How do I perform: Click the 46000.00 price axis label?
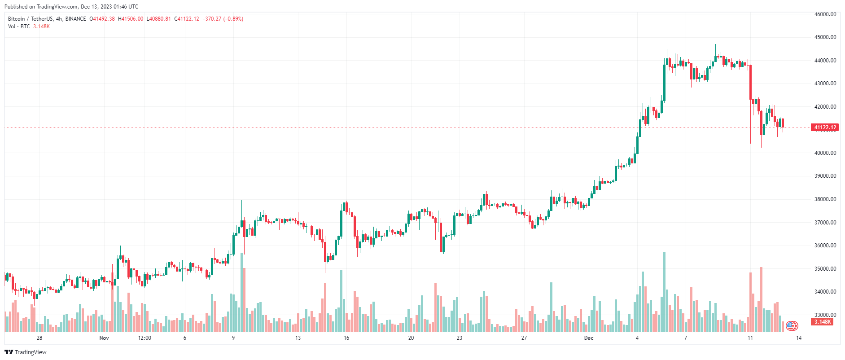[825, 14]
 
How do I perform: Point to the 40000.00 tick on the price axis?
[825, 153]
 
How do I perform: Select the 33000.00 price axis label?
[825, 315]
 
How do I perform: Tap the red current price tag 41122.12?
[825, 127]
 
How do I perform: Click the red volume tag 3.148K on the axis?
[823, 322]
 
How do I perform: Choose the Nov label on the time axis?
[104, 338]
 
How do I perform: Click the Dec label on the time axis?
[589, 338]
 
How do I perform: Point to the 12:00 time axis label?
[144, 338]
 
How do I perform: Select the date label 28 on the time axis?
[39, 338]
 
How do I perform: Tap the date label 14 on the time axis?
[799, 338]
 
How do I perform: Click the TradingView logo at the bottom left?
[26, 352]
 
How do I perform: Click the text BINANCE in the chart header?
[75, 19]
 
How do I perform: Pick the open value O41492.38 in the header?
[102, 19]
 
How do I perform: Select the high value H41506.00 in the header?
[131, 19]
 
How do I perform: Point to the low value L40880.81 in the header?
[159, 19]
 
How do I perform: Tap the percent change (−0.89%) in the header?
[233, 19]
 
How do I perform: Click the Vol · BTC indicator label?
[19, 26]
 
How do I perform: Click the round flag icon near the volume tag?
[792, 326]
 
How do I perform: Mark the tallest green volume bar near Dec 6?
[664, 292]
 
